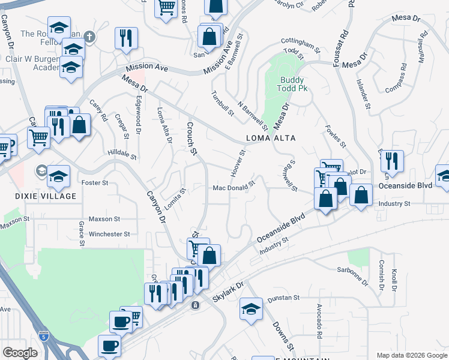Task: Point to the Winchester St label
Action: click(109, 234)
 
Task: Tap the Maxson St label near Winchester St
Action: click(104, 220)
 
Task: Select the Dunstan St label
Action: click(284, 298)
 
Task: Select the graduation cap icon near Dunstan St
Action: click(252, 310)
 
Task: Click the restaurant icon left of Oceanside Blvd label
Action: click(392, 161)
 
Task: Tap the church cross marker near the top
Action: click(89, 37)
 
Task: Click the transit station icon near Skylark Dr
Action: click(195, 305)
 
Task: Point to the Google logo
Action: click(20, 353)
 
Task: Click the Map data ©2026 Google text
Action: click(412, 355)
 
